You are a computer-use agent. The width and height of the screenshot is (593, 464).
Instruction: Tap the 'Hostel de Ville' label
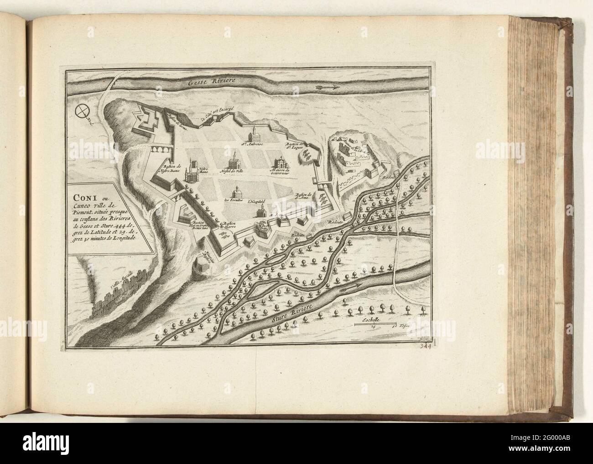click(234, 172)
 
